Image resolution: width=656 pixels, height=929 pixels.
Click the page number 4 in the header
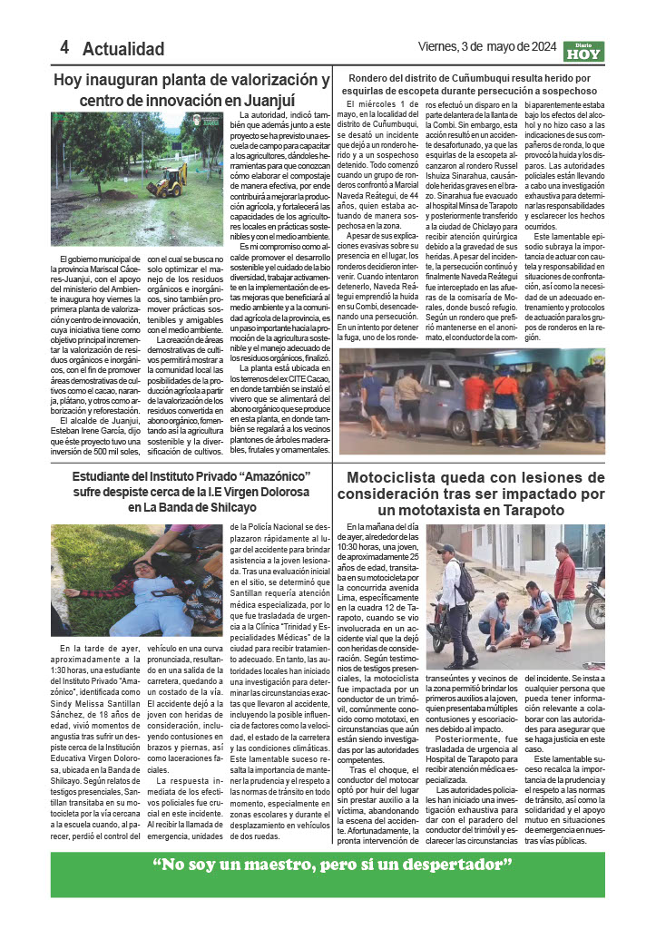click(64, 48)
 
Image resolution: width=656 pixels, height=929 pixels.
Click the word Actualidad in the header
click(123, 49)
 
